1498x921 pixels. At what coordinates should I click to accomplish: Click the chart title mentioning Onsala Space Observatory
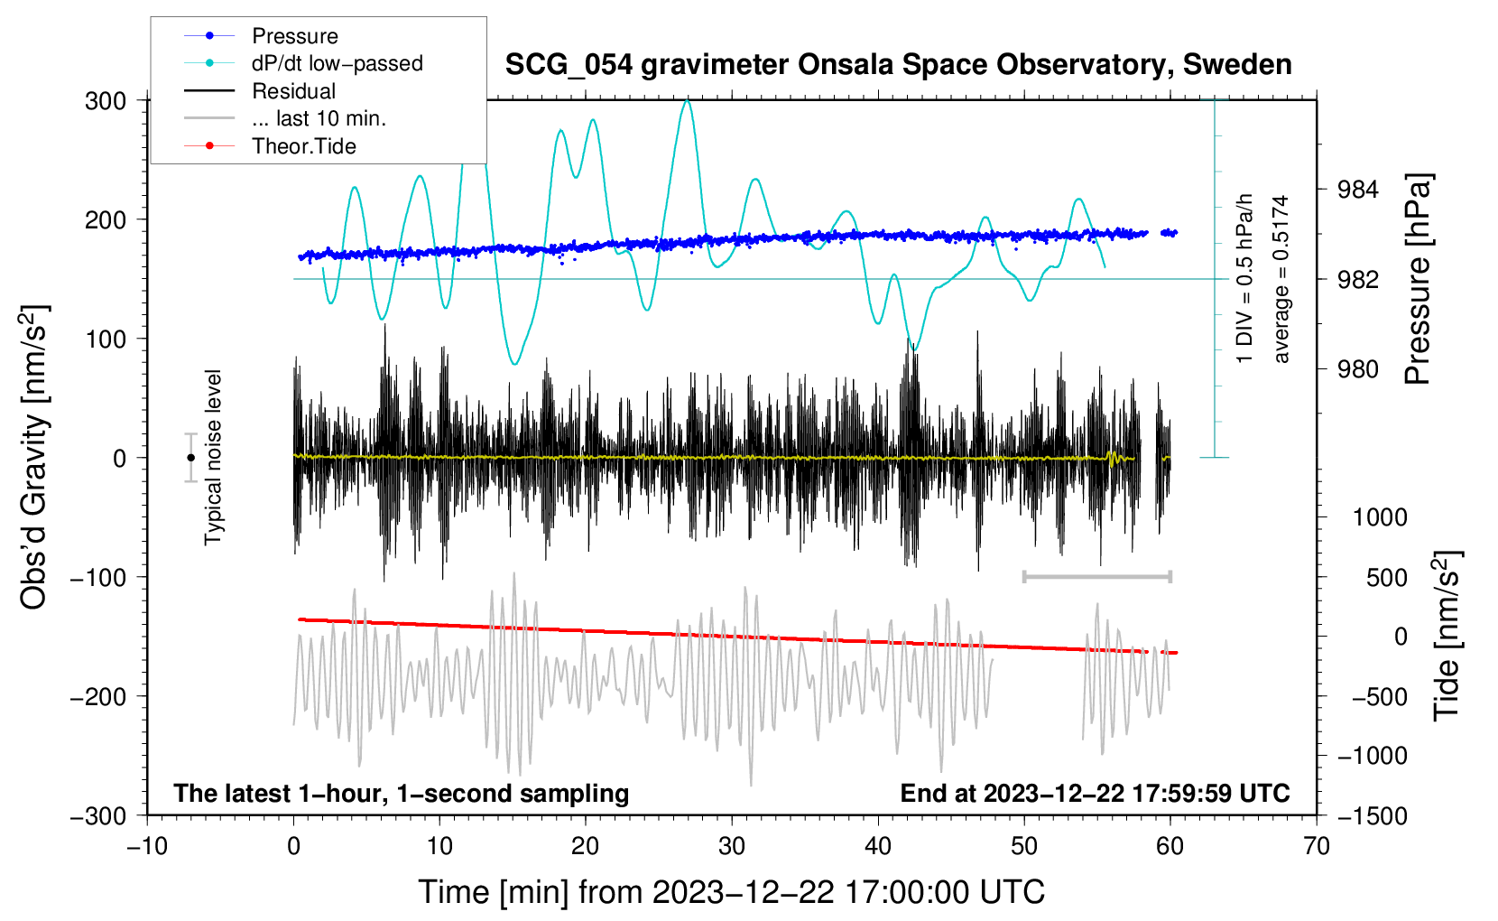pos(898,65)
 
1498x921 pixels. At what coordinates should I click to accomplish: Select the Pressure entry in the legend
pos(262,35)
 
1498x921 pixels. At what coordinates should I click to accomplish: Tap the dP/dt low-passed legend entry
pos(303,63)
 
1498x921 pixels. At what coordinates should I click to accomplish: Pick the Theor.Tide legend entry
pos(270,146)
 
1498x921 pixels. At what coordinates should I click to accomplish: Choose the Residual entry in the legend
pos(260,91)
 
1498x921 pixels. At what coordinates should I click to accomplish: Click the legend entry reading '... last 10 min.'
pos(285,118)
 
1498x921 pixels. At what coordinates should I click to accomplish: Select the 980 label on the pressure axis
pos(1357,368)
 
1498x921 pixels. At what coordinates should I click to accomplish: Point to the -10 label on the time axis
pos(148,846)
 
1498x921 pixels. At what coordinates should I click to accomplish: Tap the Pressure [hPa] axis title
pos(1418,279)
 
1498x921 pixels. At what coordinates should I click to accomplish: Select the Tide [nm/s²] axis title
pos(1447,636)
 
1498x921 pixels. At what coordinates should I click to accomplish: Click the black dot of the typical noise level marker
pos(190,458)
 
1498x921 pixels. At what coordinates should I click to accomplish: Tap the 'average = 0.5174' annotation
pos(1280,279)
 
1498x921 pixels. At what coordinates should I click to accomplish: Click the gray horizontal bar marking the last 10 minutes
pos(1096,576)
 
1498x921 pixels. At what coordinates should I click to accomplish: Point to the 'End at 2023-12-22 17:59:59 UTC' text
pos(1095,793)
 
